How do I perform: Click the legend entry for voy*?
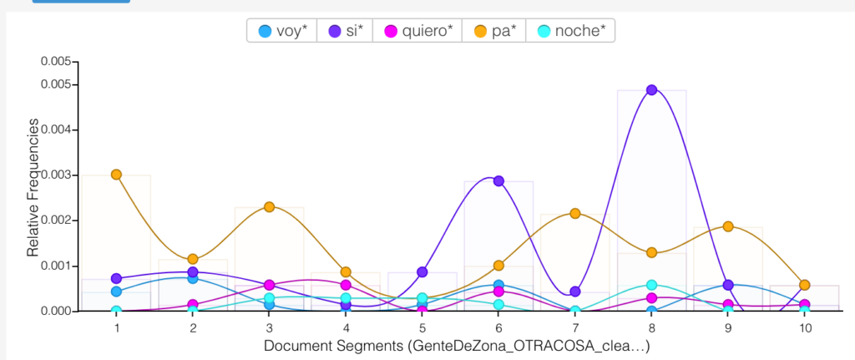(x=283, y=31)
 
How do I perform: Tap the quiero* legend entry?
(x=417, y=31)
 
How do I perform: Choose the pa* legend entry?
(x=495, y=31)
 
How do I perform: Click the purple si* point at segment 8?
(x=652, y=89)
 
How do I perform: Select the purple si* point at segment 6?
(x=498, y=180)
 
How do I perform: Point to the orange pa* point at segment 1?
(x=116, y=175)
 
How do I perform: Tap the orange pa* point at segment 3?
(x=270, y=206)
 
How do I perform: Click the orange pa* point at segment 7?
(x=575, y=213)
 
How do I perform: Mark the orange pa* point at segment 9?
(x=728, y=226)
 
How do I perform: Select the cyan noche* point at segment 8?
(x=652, y=285)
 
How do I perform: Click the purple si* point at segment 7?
(x=575, y=292)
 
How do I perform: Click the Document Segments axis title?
(x=456, y=345)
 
